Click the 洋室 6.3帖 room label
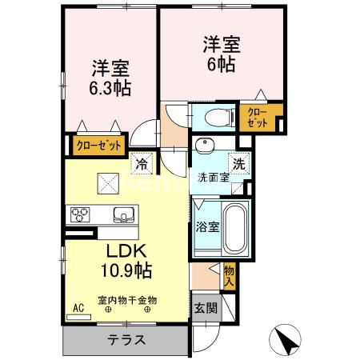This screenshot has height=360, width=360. [110, 77]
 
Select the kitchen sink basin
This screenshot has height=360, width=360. [125, 214]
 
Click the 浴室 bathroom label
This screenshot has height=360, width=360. [207, 226]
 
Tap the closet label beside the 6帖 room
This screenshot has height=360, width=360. [258, 117]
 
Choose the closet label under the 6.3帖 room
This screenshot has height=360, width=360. [100, 146]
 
